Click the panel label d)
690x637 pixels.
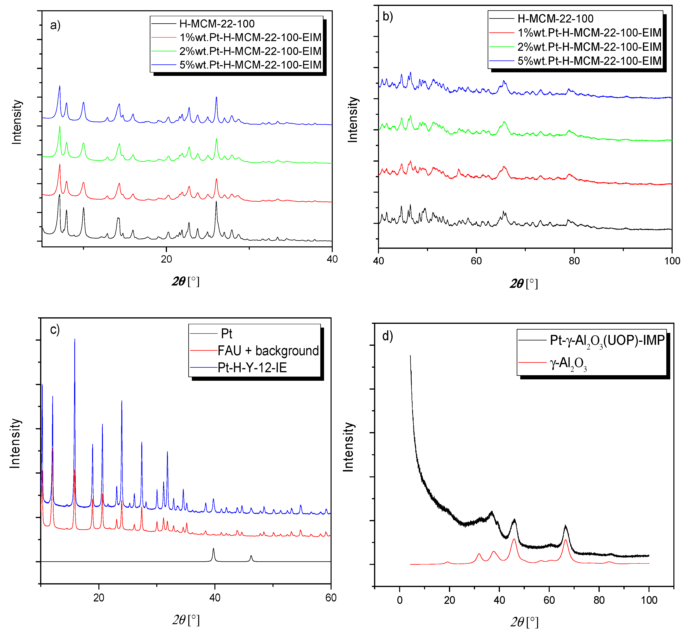tap(387, 336)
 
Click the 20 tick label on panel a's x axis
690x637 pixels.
tap(166, 259)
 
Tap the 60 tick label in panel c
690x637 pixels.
tap(331, 598)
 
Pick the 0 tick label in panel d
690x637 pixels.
tap(400, 600)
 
